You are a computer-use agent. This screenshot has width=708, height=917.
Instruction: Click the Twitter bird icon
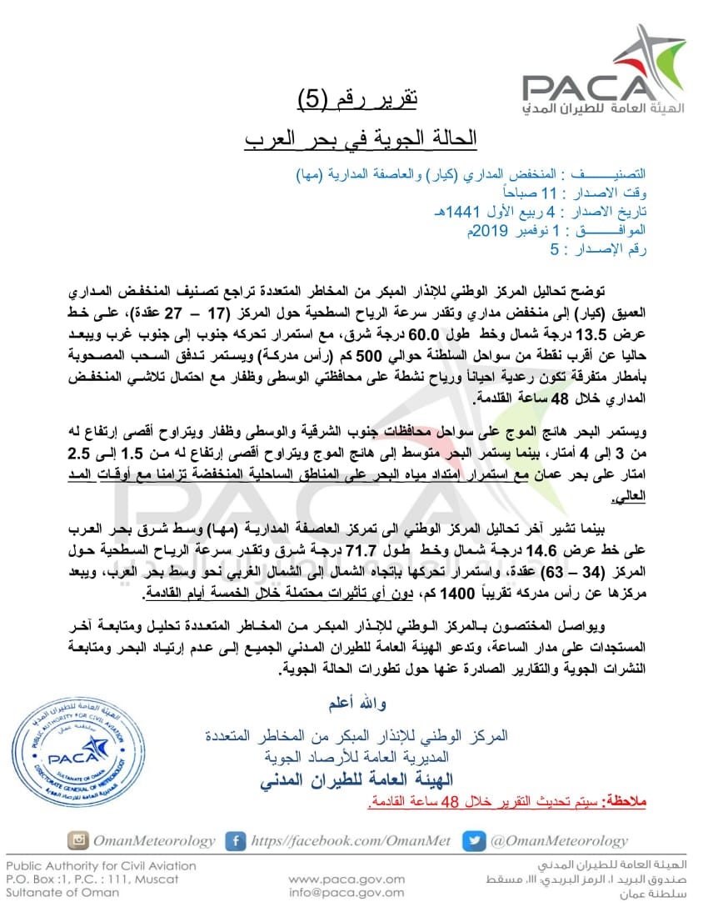(x=473, y=840)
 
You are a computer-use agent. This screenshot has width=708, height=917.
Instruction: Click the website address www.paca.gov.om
(x=347, y=879)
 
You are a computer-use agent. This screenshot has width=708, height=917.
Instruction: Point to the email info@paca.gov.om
(x=347, y=893)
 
